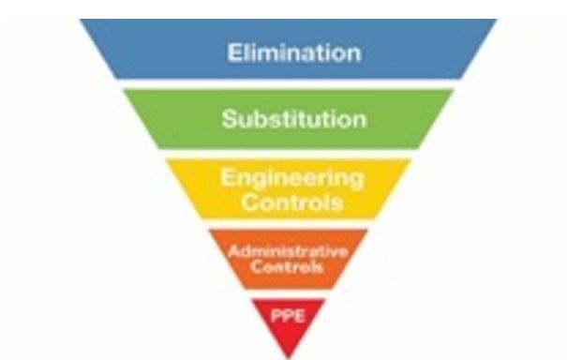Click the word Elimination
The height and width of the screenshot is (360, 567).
click(292, 52)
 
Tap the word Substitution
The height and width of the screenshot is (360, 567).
click(293, 120)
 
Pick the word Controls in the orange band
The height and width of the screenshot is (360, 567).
click(289, 267)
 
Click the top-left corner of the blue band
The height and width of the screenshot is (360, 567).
click(82, 21)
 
